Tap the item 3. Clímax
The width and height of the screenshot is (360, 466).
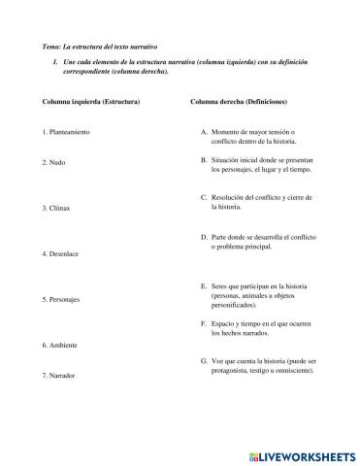[58, 208]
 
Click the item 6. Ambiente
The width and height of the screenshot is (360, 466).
[60, 345]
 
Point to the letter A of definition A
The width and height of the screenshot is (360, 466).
[203, 131]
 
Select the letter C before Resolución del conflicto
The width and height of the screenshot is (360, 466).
[203, 197]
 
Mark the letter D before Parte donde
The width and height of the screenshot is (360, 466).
[203, 236]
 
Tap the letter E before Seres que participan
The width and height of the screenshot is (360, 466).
[203, 286]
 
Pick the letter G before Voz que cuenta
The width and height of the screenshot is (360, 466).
[203, 360]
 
